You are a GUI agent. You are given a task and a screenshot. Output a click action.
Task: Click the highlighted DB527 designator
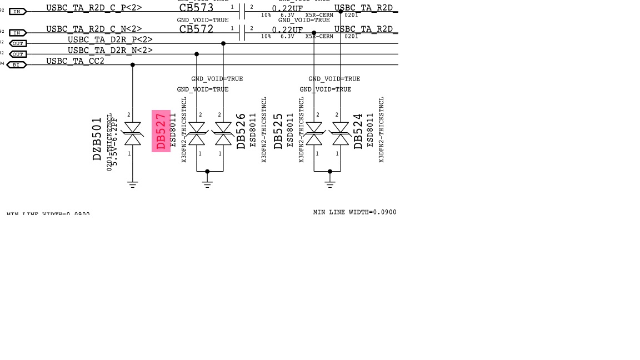[161, 131]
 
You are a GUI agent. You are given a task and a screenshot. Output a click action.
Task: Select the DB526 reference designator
[241, 131]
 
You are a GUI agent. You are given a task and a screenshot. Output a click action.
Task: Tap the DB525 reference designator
[278, 131]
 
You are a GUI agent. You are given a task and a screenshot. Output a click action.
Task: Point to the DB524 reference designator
[358, 131]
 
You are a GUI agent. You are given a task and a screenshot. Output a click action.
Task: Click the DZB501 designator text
[97, 139]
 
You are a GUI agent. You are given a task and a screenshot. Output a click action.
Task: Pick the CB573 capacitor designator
[196, 8]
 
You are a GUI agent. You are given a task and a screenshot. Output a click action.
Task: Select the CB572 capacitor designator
[196, 29]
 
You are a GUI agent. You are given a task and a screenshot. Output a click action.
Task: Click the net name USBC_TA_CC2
[75, 61]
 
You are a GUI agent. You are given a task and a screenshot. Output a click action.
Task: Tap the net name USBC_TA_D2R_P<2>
[110, 40]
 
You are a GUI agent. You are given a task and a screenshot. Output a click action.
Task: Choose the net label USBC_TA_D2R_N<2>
[110, 51]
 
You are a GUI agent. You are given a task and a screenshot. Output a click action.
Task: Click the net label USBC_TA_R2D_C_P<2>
[94, 8]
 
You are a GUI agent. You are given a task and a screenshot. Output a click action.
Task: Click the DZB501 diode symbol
[132, 134]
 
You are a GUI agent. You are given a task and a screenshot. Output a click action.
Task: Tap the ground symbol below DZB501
[132, 184]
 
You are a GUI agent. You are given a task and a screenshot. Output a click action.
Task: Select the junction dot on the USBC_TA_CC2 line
[132, 65]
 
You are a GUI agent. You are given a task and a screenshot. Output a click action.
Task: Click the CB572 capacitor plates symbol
[242, 33]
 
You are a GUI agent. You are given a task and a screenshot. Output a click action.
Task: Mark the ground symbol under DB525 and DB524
[330, 184]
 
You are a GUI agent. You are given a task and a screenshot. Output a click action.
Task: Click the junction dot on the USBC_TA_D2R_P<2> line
[223, 43]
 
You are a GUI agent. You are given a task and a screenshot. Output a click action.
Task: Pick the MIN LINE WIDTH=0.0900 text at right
[354, 212]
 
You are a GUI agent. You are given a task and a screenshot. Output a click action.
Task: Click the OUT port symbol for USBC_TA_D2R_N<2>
[18, 54]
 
